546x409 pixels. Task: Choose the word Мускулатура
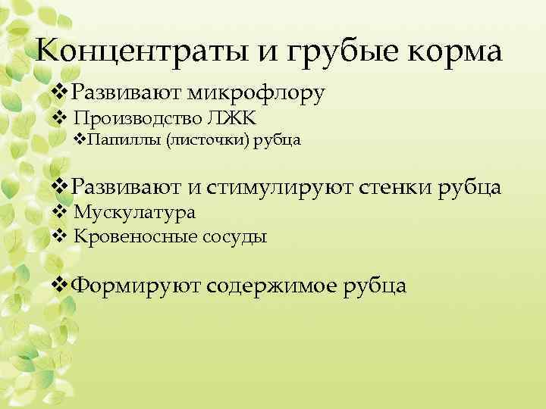135,214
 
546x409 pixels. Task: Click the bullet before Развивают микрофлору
60,93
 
